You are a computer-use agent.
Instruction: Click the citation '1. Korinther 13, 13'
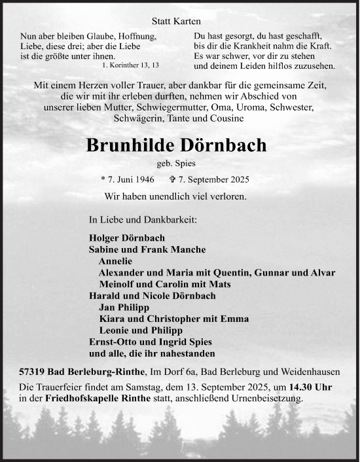tap(130, 67)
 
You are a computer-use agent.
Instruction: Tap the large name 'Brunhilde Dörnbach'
tap(177, 145)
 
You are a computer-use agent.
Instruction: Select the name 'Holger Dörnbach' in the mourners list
tap(127, 238)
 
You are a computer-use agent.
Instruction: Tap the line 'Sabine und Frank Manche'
tap(147, 249)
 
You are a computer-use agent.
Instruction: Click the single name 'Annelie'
tap(115, 261)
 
